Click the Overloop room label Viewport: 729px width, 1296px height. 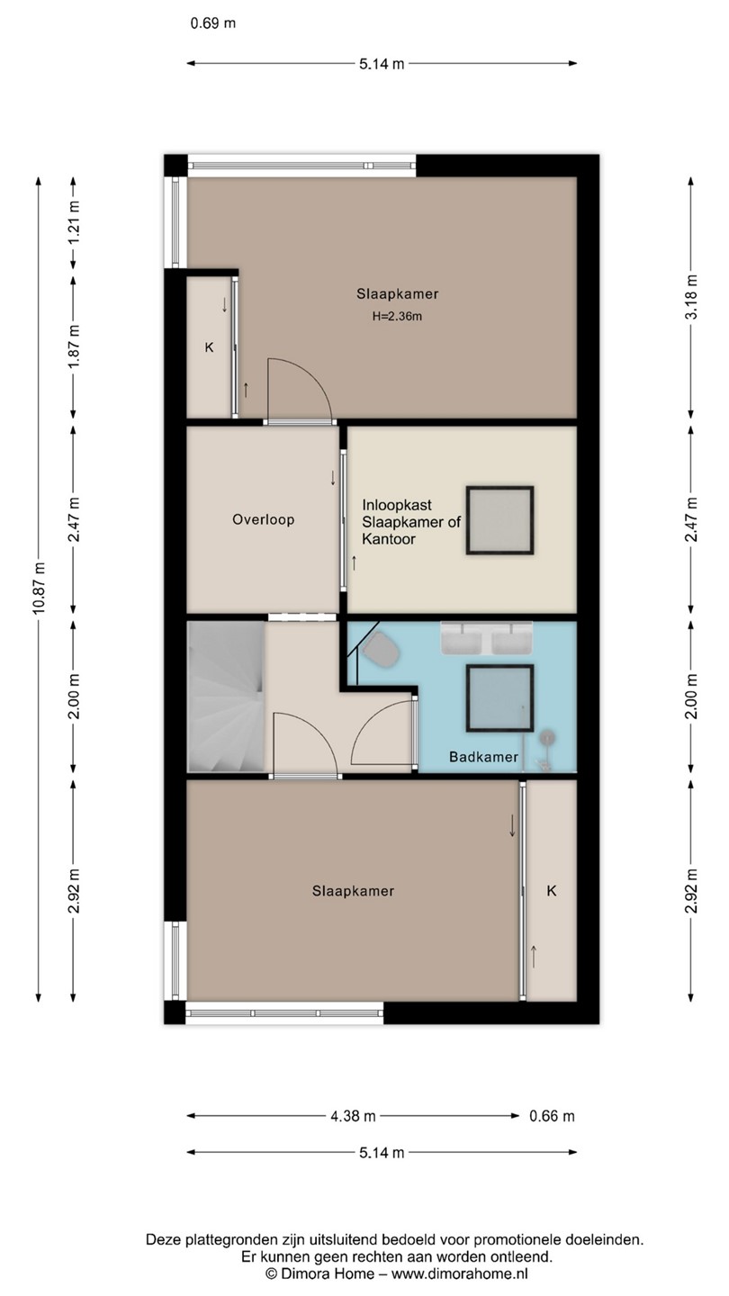[263, 519]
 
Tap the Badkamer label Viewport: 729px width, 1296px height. [483, 757]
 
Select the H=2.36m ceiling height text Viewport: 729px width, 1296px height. [397, 317]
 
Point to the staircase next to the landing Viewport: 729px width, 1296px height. [226, 697]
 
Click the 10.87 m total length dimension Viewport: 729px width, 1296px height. [39, 588]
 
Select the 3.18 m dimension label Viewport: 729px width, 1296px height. [691, 296]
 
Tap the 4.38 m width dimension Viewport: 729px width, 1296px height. [353, 1115]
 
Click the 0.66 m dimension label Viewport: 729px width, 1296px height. [552, 1115]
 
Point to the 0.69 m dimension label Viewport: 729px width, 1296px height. [213, 23]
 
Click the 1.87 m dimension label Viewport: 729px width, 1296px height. [74, 346]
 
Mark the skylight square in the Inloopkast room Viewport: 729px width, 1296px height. [499, 521]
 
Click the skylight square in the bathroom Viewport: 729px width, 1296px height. [499, 698]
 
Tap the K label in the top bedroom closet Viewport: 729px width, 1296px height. [210, 347]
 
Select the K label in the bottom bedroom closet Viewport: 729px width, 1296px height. [552, 890]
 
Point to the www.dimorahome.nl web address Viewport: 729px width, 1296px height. [459, 1273]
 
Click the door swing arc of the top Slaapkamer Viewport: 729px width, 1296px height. [312, 376]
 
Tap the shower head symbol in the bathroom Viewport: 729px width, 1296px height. [547, 738]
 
